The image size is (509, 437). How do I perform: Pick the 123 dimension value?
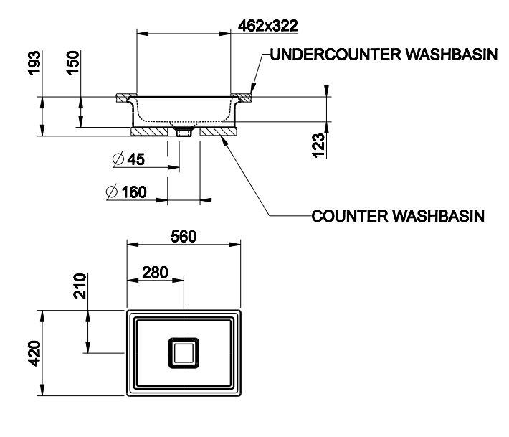[320, 143]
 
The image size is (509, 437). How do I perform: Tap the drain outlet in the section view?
[184, 132]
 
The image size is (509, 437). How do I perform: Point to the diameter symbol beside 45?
[118, 159]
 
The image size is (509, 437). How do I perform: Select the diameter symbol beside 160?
[111, 192]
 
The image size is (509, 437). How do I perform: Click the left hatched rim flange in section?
[125, 95]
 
